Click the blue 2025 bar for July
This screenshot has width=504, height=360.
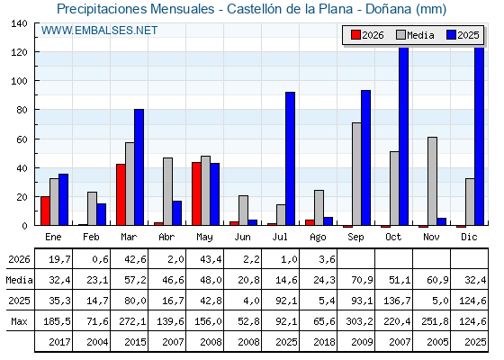[x=290, y=158]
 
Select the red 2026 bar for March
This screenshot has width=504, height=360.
[x=121, y=194]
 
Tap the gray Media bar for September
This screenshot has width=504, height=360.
[x=356, y=174]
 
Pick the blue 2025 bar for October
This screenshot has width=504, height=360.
[x=403, y=136]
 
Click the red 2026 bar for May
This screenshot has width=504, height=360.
[x=196, y=193]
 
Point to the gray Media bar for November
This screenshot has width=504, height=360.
[x=432, y=181]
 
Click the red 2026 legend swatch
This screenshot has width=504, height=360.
[x=355, y=35]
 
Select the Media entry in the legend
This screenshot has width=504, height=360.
[x=415, y=35]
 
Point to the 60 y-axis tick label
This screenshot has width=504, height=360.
[x=22, y=139]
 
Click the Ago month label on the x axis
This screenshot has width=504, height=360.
[x=318, y=238]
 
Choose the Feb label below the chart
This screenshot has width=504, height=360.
[x=91, y=237]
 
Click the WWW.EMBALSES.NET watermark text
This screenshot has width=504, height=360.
[x=99, y=31]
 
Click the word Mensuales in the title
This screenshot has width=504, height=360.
[x=183, y=9]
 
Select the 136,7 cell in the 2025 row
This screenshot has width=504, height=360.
[x=397, y=301]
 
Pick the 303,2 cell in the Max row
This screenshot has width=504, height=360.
[x=359, y=321]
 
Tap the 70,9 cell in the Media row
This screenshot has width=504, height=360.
[x=362, y=280]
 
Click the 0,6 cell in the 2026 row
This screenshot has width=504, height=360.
[x=100, y=259]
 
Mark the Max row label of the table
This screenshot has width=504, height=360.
[x=19, y=321]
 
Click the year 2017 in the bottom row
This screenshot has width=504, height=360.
[x=59, y=342]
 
